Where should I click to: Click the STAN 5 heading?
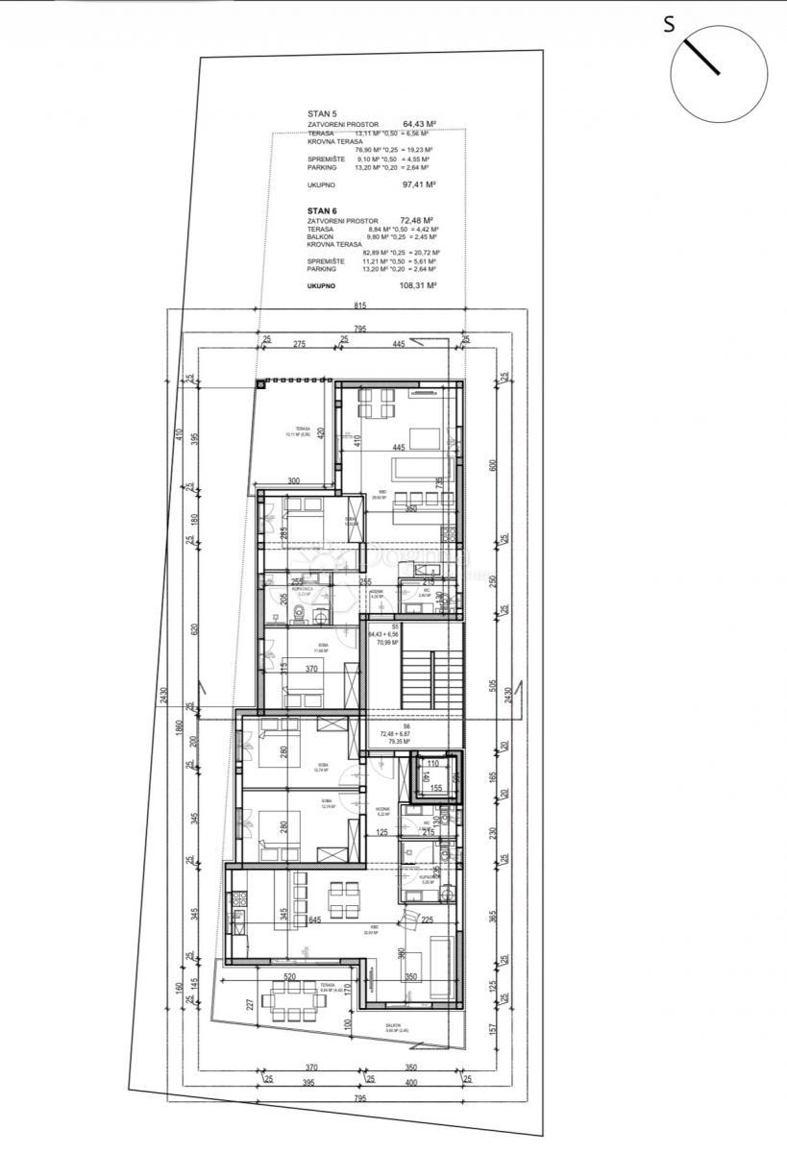coord(322,113)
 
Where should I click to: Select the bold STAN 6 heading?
coord(322,209)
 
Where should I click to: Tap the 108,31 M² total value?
coord(419,285)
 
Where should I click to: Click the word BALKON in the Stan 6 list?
coord(321,236)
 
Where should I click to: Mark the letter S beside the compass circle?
coord(669,26)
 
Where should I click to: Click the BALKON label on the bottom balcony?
coord(393,1025)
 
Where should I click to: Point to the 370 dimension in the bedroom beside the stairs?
coord(311,669)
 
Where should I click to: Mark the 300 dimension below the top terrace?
coord(293,481)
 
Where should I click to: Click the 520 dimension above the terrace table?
coord(289,977)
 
